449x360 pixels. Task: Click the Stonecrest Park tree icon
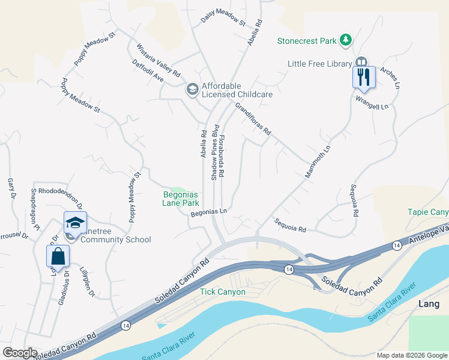point(345,40)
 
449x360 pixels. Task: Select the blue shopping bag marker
point(58,256)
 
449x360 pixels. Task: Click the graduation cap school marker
point(75,223)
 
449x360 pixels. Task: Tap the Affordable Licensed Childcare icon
point(192,90)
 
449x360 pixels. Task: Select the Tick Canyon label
point(222,292)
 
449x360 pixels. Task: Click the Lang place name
point(429,304)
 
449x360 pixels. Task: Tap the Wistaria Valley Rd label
point(158,61)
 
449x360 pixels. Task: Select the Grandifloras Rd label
point(253,119)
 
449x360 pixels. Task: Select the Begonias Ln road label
point(209,212)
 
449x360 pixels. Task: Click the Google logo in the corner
point(19,353)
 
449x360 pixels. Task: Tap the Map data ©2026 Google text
point(411,355)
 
